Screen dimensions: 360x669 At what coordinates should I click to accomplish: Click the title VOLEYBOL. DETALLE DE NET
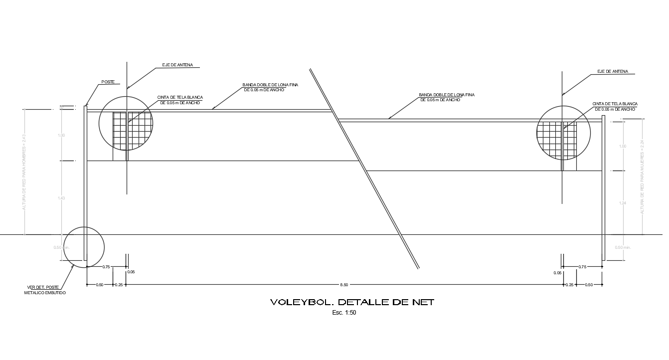click(352, 302)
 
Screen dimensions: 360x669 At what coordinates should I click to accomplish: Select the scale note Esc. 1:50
click(344, 313)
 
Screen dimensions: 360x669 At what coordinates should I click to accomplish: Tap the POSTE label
click(108, 82)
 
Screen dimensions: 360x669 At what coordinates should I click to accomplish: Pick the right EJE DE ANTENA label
click(613, 72)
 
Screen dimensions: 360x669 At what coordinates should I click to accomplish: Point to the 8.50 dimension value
click(344, 285)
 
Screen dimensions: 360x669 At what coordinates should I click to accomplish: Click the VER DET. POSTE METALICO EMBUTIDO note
click(45, 290)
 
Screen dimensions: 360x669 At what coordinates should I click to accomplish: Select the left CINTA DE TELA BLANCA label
click(180, 100)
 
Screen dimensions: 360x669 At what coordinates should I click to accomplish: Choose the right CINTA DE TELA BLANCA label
click(615, 106)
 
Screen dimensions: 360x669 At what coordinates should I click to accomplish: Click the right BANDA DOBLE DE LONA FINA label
click(446, 97)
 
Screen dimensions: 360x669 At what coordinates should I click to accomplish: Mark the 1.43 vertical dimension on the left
click(62, 198)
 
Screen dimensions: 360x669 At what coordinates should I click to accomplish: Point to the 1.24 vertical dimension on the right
click(622, 203)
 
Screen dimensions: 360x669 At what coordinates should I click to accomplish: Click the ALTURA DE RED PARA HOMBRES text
click(23, 172)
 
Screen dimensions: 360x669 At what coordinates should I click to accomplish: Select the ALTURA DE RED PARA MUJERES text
click(642, 177)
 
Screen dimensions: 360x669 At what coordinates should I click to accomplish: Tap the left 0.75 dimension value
click(106, 267)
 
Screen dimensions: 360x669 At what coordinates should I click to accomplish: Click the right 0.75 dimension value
click(582, 267)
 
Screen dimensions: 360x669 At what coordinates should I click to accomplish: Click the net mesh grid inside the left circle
click(132, 131)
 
